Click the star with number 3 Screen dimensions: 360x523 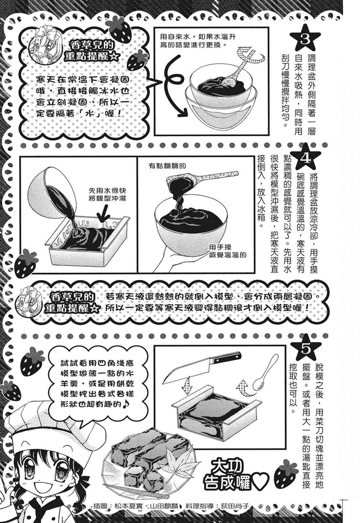(x=305, y=39)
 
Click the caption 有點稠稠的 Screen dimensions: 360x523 (x=167, y=165)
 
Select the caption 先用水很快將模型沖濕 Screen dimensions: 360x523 (x=107, y=194)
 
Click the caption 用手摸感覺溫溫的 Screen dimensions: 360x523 (x=228, y=251)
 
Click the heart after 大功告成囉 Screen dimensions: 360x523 (x=262, y=481)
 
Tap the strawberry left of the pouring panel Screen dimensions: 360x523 (x=26, y=264)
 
